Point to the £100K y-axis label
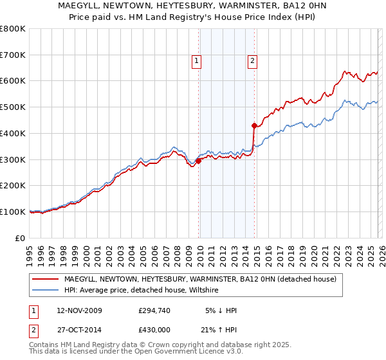[13, 212]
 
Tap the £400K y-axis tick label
[13, 133]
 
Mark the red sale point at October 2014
[254, 125]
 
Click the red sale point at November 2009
[198, 161]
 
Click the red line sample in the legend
[45, 279]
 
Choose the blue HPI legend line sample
[45, 291]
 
